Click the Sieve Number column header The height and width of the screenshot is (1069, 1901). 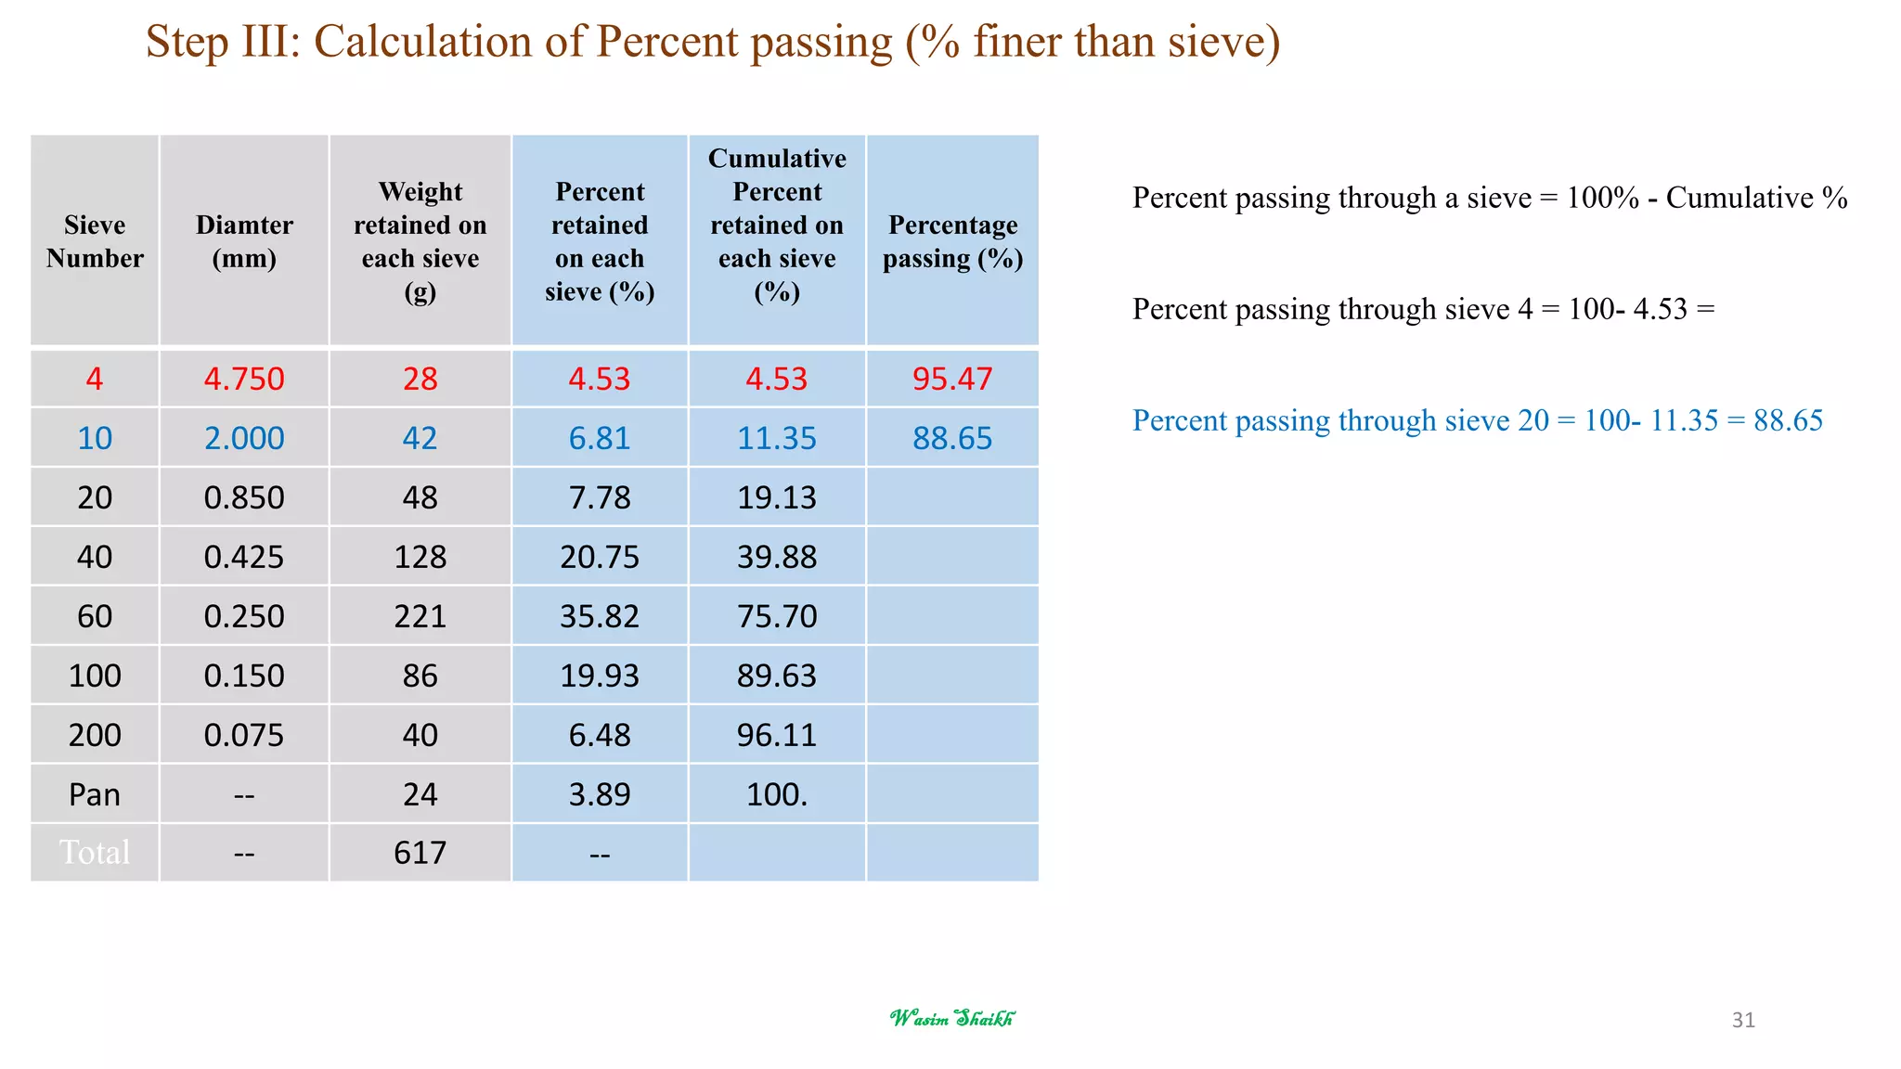[95, 241]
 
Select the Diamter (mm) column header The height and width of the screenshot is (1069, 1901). [244, 241]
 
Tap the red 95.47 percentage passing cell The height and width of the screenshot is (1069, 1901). [952, 379]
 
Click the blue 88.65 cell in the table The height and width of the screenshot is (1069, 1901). [952, 438]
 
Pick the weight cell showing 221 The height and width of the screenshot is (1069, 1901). [420, 616]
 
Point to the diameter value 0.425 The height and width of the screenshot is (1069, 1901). [244, 557]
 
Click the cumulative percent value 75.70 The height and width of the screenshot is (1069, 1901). [777, 616]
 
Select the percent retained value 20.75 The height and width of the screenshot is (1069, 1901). [600, 557]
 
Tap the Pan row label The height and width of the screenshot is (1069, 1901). [95, 794]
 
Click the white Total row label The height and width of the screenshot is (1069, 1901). [95, 852]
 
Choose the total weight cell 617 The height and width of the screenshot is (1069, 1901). [420, 852]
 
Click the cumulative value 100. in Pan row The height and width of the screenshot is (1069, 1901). [777, 794]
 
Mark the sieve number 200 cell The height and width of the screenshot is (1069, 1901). [95, 735]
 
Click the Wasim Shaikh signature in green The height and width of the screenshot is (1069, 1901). [952, 1018]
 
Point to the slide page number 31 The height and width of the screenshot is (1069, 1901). [1743, 1020]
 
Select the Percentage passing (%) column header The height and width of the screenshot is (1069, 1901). [952, 241]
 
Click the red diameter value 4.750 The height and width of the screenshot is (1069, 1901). [244, 379]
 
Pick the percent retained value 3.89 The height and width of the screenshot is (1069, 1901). [600, 794]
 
